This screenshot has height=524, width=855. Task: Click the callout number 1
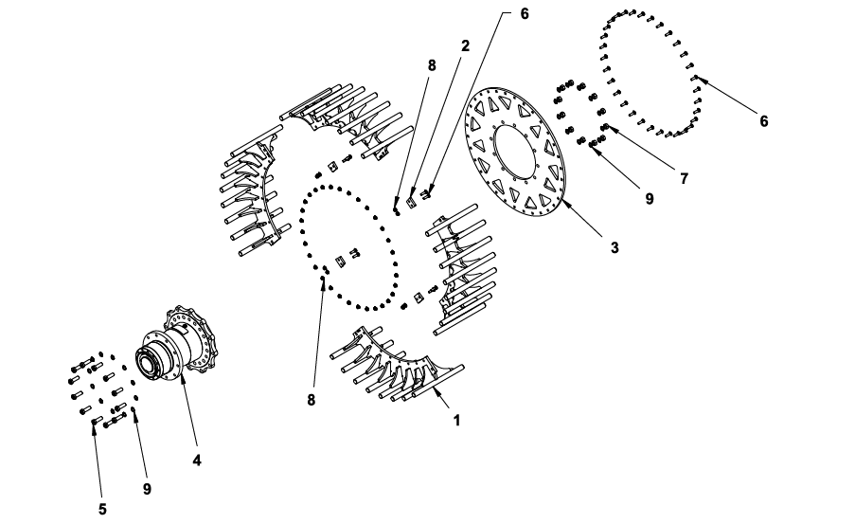457,421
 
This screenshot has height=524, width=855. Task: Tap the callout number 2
465,45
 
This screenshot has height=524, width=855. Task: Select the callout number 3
615,247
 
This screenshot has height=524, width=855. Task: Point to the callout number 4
197,461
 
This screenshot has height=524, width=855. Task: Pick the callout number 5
102,509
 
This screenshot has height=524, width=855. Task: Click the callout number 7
684,178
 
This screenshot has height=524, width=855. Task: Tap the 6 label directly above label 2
525,13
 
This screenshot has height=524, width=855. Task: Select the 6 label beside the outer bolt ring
764,121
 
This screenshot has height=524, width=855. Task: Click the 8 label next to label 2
432,65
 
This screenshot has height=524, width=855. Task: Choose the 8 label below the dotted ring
311,400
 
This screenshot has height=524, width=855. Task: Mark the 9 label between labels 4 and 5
147,489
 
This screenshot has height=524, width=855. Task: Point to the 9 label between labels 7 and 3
650,199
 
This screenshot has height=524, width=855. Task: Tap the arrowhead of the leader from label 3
566,203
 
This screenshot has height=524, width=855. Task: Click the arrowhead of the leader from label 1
436,391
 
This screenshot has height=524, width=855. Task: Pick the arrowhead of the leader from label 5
94,425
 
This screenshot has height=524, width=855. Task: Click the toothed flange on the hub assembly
192,339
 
